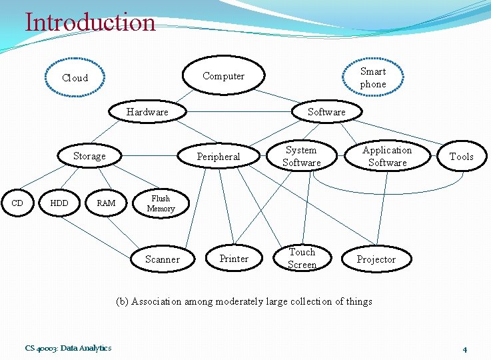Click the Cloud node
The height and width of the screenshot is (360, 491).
[x=75, y=78]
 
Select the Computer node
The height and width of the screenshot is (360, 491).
[x=224, y=76]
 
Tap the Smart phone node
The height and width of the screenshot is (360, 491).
[x=373, y=78]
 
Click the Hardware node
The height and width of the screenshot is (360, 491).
[x=147, y=112]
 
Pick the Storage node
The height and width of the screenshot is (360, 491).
[x=89, y=156]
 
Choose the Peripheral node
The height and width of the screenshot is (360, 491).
[x=219, y=157]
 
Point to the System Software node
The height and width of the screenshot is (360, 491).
[x=301, y=156]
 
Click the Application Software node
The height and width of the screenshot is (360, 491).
[x=387, y=156]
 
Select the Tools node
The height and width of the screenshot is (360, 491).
[x=462, y=157]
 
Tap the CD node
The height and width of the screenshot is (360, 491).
[x=18, y=203]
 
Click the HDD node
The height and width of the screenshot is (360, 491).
[x=59, y=203]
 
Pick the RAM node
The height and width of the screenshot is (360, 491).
[x=106, y=203]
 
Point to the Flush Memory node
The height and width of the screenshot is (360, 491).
[x=161, y=203]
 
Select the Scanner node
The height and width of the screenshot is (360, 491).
[x=163, y=259]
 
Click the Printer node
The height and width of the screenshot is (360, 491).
[x=234, y=259]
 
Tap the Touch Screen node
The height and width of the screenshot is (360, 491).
[x=302, y=258]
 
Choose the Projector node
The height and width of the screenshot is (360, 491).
[x=376, y=259]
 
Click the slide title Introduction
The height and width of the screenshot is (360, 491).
[x=90, y=22]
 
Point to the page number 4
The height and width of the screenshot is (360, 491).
[x=464, y=349]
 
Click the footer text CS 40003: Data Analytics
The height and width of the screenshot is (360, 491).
[x=69, y=348]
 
